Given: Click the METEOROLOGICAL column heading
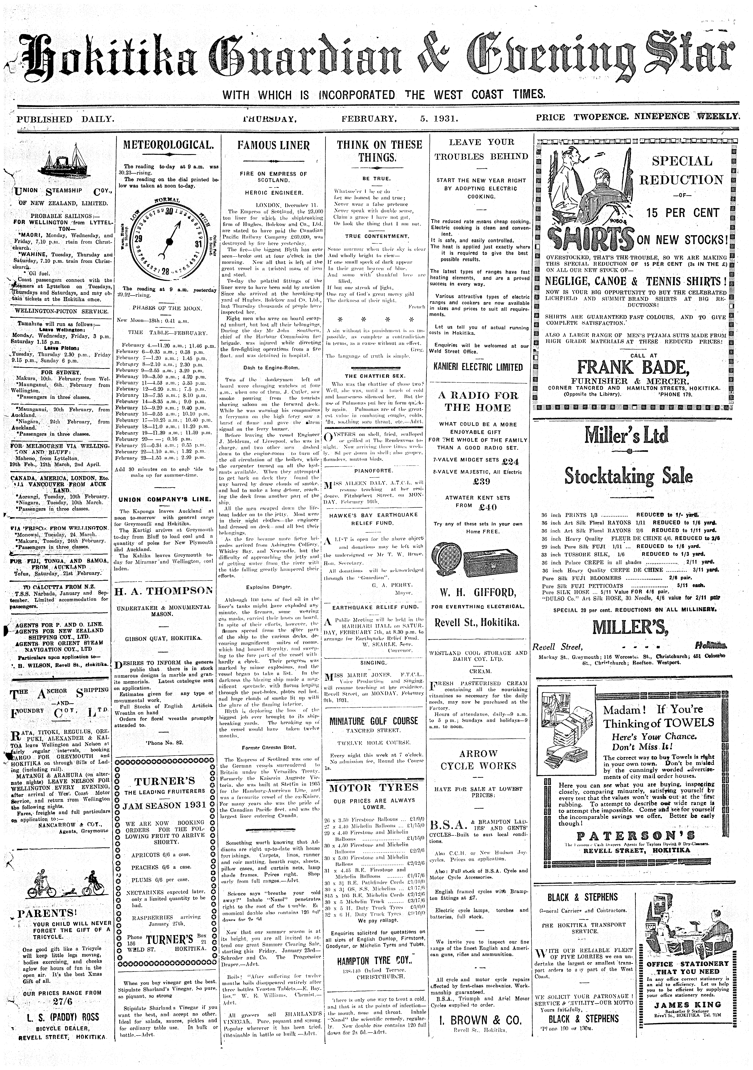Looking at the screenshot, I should click(x=167, y=145).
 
